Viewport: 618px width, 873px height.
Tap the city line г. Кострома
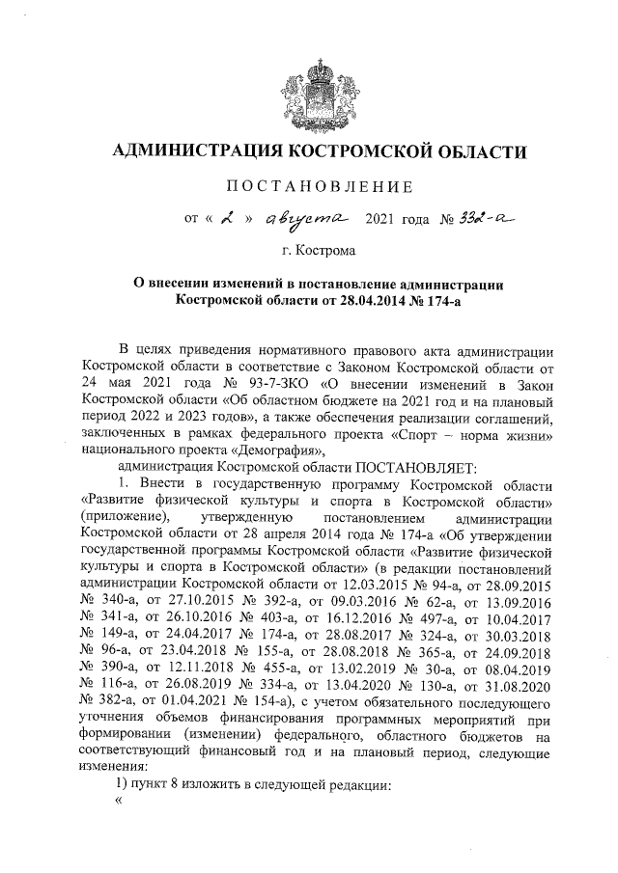(x=320, y=251)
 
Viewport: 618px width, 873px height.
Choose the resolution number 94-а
(x=452, y=584)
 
